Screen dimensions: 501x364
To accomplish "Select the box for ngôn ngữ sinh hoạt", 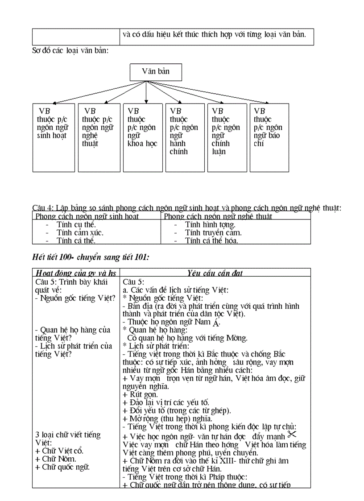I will (x=54, y=137).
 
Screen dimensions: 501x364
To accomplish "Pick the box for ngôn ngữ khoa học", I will (x=142, y=137).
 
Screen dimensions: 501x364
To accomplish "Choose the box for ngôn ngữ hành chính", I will (x=184, y=137).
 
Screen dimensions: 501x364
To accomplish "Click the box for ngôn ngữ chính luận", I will (x=227, y=137).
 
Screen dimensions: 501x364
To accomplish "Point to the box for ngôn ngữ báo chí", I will (x=269, y=137).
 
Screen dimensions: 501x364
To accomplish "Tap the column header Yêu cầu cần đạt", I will (x=215, y=273).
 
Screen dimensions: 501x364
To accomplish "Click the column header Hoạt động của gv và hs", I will (x=75, y=273).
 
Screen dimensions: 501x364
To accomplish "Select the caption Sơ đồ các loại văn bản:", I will (x=70, y=50).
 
